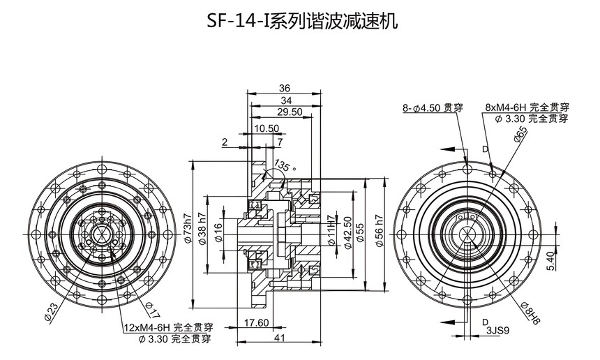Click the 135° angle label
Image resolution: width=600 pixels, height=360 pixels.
click(285, 165)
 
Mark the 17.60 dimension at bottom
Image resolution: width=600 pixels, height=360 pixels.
click(256, 323)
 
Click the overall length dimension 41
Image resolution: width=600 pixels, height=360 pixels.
click(279, 338)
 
